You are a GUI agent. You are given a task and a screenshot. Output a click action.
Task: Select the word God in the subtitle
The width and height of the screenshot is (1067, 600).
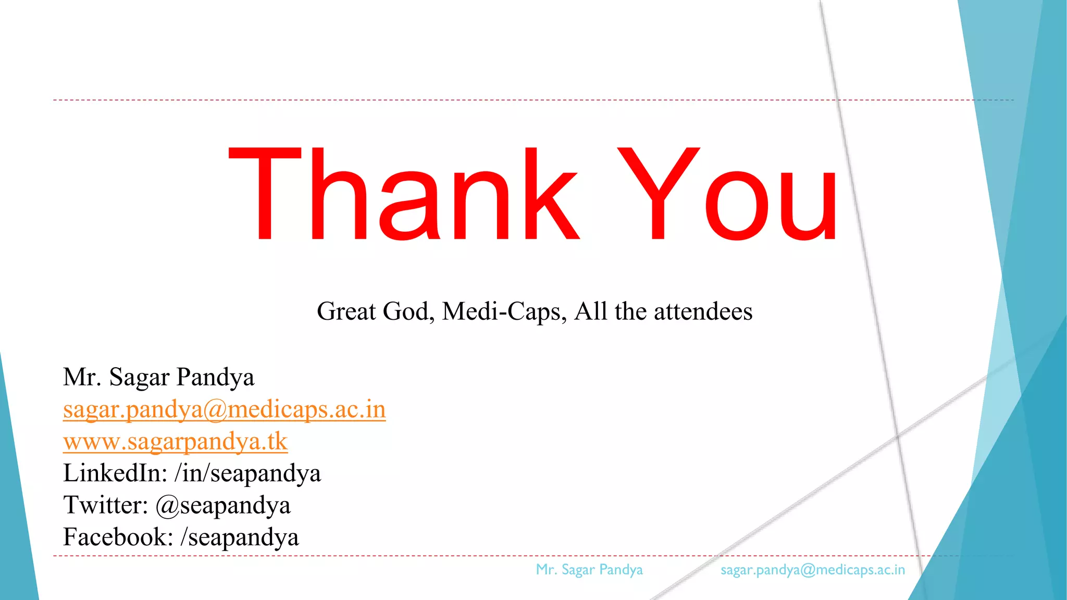point(408,311)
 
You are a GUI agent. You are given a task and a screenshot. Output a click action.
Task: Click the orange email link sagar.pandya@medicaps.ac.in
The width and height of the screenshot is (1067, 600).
point(224,409)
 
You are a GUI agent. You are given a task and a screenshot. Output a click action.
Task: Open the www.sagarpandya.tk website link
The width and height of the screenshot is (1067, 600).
point(175,442)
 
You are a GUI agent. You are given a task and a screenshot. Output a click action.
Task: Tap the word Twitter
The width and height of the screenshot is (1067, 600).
point(106,505)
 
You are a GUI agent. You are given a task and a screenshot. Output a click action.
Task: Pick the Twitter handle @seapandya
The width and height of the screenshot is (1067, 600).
point(223,506)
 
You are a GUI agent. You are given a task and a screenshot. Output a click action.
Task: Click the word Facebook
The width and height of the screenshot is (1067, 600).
point(118,537)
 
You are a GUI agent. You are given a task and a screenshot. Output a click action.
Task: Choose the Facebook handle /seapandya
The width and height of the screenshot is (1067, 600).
point(240,537)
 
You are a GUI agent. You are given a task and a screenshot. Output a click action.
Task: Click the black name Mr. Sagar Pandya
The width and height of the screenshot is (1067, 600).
point(158,377)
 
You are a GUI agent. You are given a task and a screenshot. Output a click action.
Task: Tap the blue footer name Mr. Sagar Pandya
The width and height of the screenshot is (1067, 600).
point(589,570)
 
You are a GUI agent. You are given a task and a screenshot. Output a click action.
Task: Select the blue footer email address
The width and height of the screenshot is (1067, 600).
point(813,570)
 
